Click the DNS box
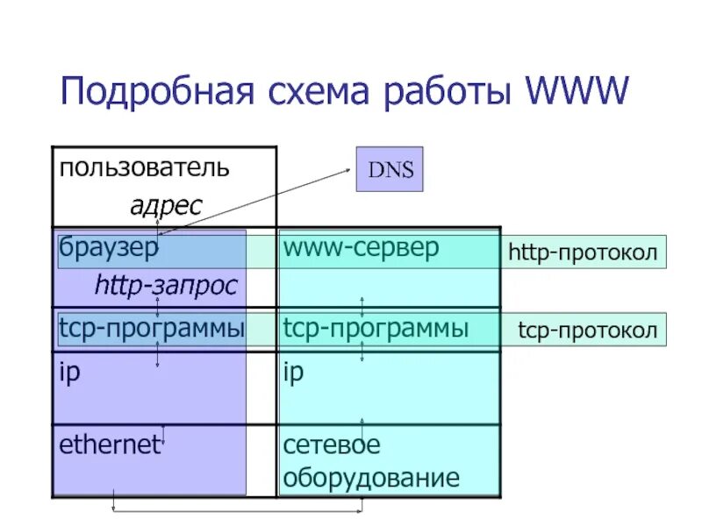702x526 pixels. click(390, 169)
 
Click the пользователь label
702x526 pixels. click(145, 167)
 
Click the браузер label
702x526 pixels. click(109, 248)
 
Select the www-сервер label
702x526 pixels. click(360, 248)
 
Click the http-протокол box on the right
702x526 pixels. click(583, 252)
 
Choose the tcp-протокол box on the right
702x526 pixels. click(587, 331)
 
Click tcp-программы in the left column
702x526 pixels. click(151, 330)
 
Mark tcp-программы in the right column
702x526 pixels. click(376, 330)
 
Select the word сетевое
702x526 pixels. click(332, 444)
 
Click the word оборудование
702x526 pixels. click(370, 478)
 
